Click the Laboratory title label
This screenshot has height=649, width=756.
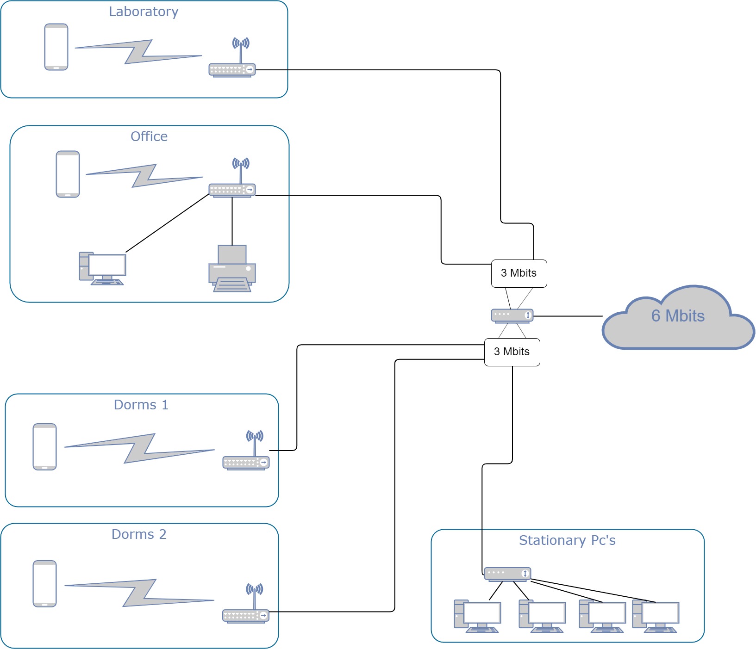144,12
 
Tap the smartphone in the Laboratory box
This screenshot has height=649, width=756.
56,47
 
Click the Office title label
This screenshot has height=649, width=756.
149,136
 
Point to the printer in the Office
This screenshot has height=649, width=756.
232,269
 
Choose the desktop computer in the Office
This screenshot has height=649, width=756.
102,269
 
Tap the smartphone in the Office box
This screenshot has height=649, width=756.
68,174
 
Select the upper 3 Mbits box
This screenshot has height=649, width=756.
519,273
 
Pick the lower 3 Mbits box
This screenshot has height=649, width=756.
512,352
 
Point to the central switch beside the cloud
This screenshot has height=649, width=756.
512,315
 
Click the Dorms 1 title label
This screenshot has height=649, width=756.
141,405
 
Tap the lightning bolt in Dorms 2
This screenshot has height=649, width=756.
139,593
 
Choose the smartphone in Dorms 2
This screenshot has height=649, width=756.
44,584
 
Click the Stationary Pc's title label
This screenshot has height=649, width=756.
567,540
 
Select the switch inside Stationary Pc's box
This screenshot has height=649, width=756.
507,574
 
